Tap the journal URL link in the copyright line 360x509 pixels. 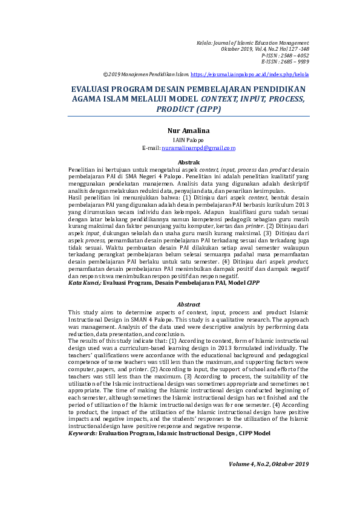coord(249,74)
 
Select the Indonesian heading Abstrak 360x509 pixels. coord(189,162)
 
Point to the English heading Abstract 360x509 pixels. coord(188,304)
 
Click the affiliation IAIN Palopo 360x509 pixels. coord(188,140)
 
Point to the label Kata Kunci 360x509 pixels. coord(83,282)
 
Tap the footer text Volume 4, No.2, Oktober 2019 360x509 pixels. coord(269,464)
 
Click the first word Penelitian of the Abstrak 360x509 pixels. coord(82,170)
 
